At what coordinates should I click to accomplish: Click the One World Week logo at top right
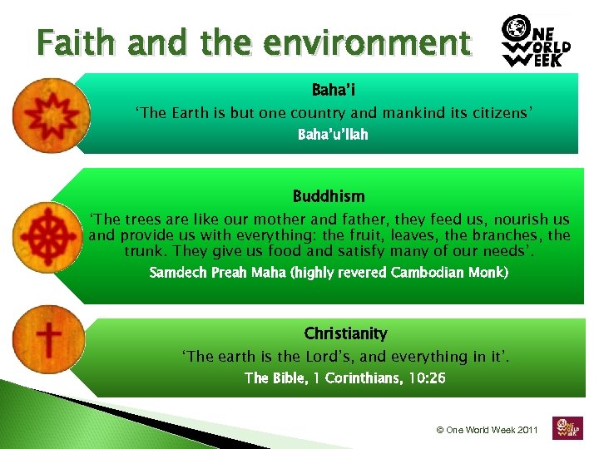tap(537, 42)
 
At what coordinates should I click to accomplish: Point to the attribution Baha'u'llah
tap(333, 134)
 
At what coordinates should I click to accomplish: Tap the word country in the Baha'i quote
tap(319, 112)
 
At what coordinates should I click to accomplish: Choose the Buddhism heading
tap(328, 197)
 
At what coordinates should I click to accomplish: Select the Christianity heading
tap(345, 333)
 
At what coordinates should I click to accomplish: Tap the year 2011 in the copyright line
tap(526, 430)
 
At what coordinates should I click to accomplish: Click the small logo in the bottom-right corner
tap(568, 427)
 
